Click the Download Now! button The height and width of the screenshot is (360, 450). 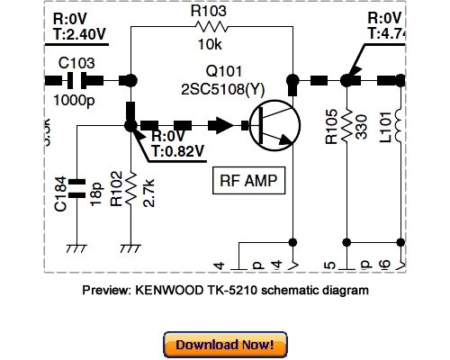pos(225,345)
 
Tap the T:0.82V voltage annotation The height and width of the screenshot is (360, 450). pos(179,151)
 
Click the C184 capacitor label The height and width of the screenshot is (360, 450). pos(59,193)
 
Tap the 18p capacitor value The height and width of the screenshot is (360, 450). pos(94,192)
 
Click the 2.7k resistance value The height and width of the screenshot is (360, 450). pos(148,192)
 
